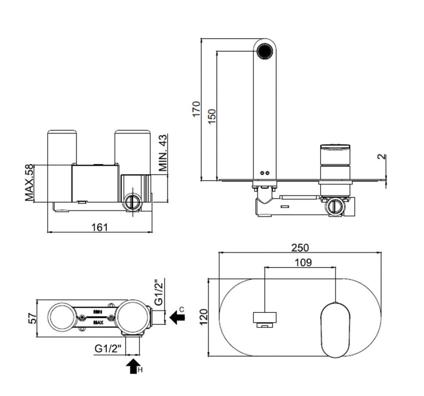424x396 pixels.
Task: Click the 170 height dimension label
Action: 196,108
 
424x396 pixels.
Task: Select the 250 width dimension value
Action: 300,247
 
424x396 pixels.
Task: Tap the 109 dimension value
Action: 303,262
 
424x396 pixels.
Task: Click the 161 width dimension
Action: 99,227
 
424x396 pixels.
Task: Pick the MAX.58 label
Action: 29,183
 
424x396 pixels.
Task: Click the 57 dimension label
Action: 33,318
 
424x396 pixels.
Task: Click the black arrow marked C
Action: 177,317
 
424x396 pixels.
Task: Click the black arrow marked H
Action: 133,366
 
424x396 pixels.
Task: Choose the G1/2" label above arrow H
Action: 107,348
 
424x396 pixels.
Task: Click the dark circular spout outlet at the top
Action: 265,51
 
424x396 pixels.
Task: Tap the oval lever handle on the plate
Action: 335,329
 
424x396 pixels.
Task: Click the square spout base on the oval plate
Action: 265,317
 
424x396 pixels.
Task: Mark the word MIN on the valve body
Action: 98,311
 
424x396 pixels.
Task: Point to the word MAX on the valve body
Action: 98,322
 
